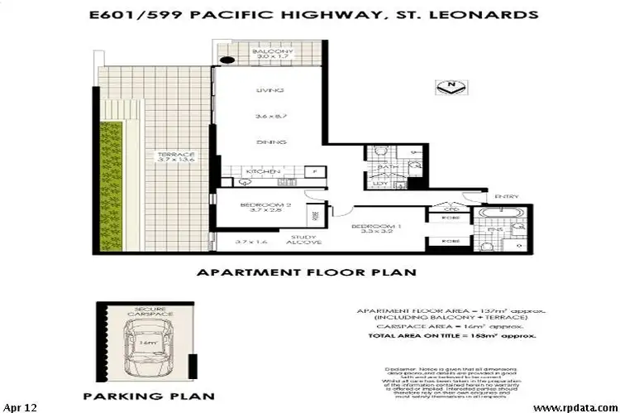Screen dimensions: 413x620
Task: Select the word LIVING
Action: (x=269, y=90)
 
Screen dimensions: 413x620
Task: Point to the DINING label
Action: (x=270, y=142)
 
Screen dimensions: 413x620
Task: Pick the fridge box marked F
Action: (x=313, y=170)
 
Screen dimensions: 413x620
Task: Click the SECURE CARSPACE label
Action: (x=146, y=313)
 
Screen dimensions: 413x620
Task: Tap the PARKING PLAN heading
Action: (x=145, y=396)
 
